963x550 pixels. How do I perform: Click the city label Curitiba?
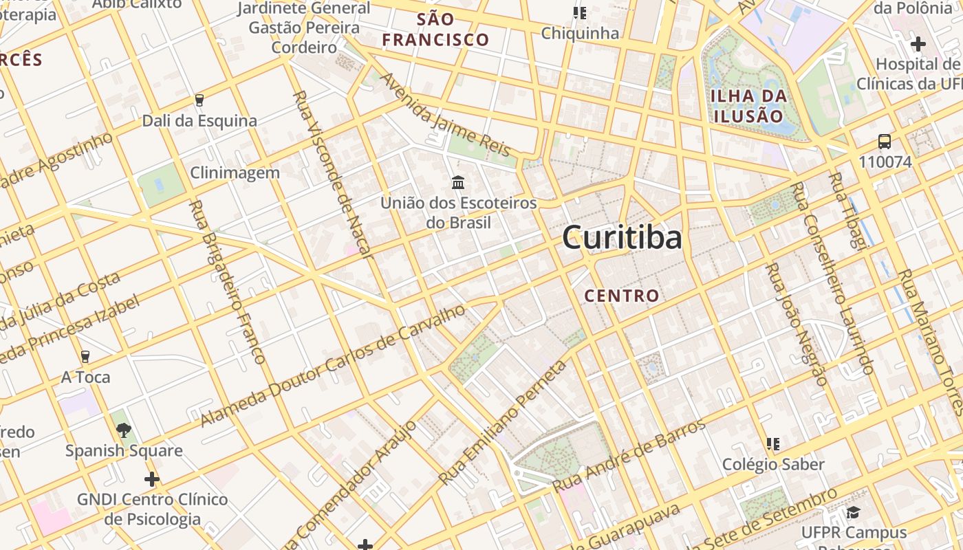coord(622,238)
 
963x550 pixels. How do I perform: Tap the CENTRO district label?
coord(621,296)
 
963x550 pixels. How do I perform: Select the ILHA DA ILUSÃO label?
coord(748,106)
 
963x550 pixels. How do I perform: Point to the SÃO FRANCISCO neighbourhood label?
coord(435,29)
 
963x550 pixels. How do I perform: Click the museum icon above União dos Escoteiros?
coord(458,182)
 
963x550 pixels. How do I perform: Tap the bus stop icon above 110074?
coord(885,142)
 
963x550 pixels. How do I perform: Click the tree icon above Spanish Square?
coord(124,430)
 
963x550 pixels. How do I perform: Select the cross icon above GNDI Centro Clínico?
coord(152,478)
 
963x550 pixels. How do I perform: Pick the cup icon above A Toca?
coord(85,356)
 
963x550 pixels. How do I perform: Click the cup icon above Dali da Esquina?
coord(199,100)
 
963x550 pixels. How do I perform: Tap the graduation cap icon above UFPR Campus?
coord(853,512)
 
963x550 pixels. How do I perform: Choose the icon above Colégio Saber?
coord(773,444)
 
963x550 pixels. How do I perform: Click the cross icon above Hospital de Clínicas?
coord(918,45)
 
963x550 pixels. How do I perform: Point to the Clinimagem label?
coord(235,173)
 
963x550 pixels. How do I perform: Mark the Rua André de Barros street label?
coord(629,454)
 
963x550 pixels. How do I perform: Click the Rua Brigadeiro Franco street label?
coord(226,282)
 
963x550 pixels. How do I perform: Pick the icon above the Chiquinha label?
coord(580,13)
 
